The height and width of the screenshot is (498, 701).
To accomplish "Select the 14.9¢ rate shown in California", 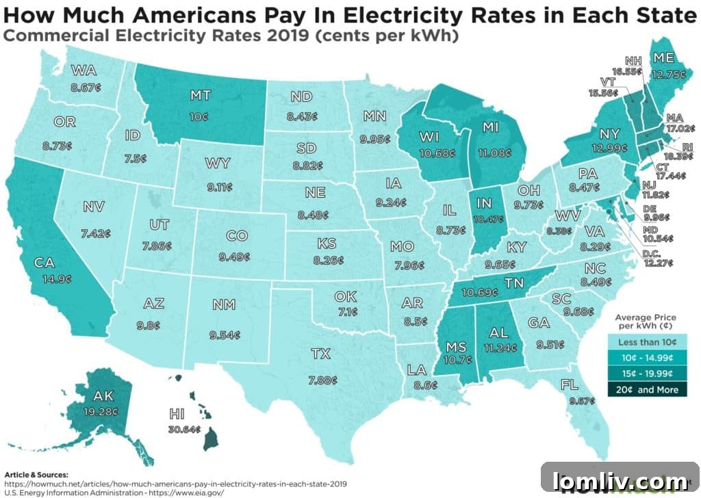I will [x=44, y=278].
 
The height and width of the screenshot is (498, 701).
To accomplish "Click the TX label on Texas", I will [x=320, y=354].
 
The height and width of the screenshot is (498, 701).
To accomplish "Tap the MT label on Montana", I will [x=201, y=96].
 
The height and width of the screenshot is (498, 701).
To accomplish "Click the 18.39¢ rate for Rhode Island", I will [x=684, y=156].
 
